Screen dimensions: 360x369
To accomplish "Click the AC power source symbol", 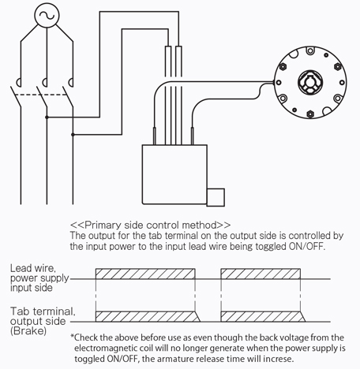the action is pos(47,15).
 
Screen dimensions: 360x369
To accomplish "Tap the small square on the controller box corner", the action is pos(216,197).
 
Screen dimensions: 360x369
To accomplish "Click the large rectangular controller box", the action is pos(174,174).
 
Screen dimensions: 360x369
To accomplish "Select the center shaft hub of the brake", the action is pos(310,82).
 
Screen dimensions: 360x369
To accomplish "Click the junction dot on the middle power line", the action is pos(47,117).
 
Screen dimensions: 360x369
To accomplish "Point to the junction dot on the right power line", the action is pos(73,135).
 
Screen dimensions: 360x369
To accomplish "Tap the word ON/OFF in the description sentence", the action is pos(306,247).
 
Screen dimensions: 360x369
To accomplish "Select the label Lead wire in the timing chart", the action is pos(33,268).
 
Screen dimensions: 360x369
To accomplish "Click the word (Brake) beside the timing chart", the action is pos(28,330).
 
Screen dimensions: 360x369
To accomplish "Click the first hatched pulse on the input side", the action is pos(145,274).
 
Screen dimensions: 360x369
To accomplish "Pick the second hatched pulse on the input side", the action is pos(261,274).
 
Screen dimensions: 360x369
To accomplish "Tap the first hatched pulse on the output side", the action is pos(148,316).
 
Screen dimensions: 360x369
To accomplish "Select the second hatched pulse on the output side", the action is pos(263,316).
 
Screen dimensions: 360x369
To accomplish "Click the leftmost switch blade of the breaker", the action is pos(16,96).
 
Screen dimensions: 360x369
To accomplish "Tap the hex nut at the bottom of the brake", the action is pos(310,114).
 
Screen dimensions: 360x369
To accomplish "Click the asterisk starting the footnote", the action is pos(72,336).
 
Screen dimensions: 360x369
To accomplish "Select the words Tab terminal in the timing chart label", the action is pos(43,311).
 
